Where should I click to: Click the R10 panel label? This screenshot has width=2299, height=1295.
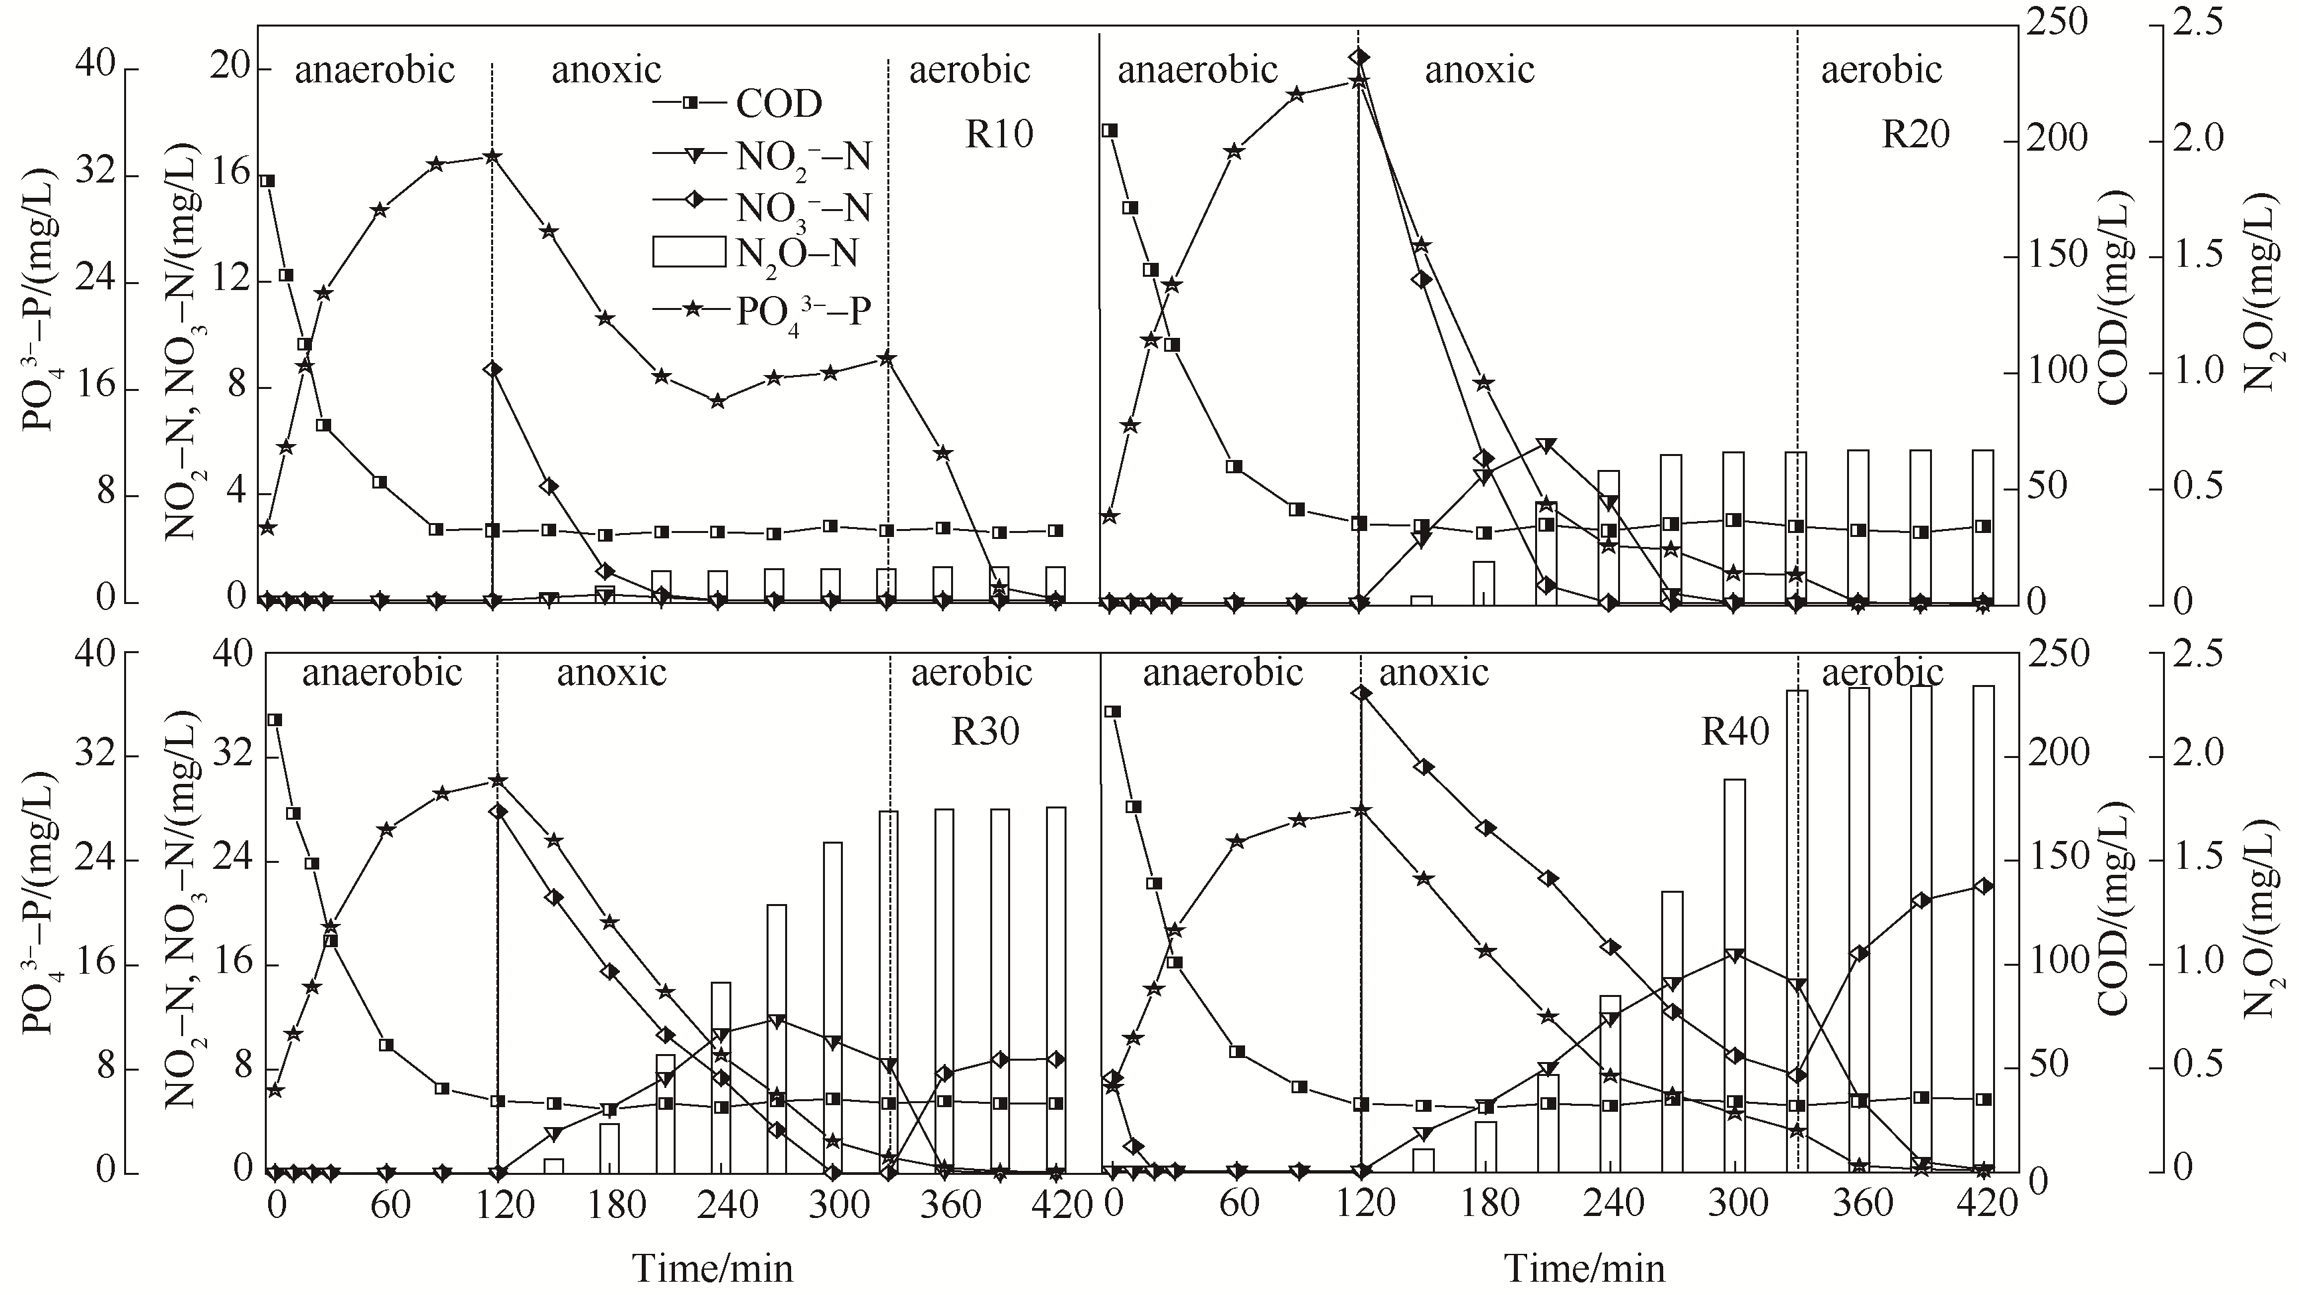coord(999,135)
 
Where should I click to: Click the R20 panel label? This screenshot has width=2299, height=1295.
coord(1916,135)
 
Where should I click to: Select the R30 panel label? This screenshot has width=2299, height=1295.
coord(984,732)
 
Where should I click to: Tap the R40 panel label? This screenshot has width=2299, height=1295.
coord(1735,733)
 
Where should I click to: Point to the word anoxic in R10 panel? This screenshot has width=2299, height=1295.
coord(606,70)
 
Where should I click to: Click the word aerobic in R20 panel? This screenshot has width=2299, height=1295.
coord(1882,70)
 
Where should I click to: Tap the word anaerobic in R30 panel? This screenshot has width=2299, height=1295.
coord(382,672)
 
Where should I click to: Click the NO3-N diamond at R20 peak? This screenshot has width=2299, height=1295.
coord(1359,58)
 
